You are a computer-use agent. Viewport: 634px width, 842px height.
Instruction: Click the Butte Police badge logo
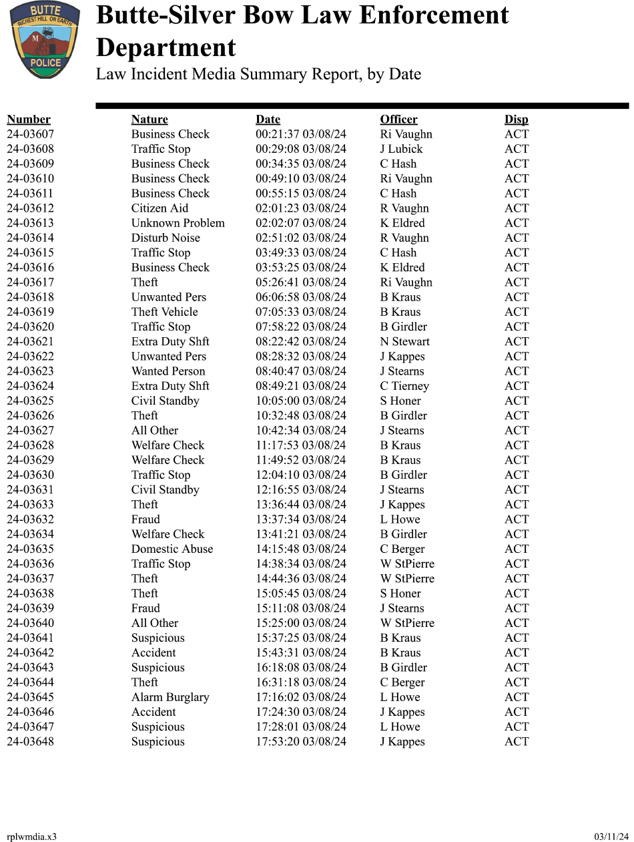(x=45, y=39)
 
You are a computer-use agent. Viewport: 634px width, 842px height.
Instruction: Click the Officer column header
(x=398, y=120)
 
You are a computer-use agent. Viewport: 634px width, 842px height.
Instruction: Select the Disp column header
(x=516, y=120)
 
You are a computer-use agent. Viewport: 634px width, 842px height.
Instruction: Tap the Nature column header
(x=149, y=120)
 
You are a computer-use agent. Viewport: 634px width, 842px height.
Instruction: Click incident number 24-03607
(x=30, y=134)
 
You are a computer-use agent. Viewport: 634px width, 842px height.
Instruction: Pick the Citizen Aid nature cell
(x=160, y=208)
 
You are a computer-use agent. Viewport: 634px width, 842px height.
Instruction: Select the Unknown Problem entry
(x=178, y=223)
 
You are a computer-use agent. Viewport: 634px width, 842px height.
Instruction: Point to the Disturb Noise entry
(x=166, y=238)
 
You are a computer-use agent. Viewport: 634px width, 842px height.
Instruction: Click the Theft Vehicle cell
(x=164, y=312)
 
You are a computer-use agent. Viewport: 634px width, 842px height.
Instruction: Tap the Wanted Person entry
(x=168, y=371)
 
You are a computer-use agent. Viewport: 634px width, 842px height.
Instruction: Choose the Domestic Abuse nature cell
(x=172, y=549)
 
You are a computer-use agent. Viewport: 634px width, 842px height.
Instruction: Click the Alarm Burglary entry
(x=170, y=697)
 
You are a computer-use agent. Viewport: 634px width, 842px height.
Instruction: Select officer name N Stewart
(x=405, y=342)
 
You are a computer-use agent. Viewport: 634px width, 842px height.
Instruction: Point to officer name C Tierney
(x=404, y=386)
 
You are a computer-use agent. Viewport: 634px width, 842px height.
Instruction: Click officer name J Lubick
(x=401, y=149)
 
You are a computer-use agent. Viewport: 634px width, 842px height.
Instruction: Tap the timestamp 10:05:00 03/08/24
(x=301, y=401)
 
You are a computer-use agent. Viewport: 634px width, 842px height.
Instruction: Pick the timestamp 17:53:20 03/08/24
(x=301, y=742)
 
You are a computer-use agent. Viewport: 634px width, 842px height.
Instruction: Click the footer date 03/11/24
(x=611, y=837)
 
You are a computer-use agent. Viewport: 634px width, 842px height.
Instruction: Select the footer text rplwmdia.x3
(x=31, y=837)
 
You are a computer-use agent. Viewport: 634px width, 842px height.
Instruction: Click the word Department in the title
(x=166, y=48)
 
